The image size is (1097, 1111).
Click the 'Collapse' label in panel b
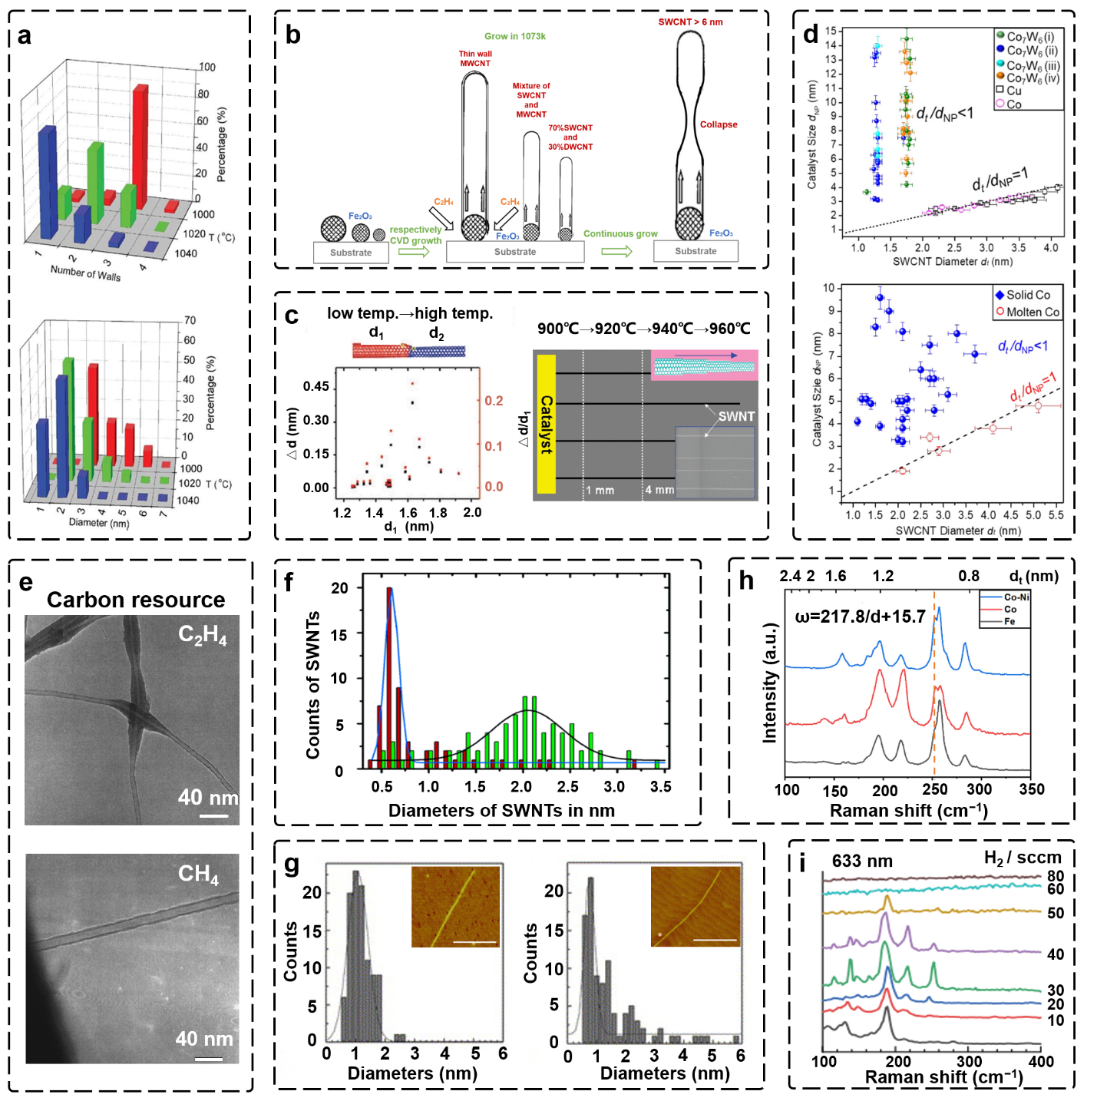pos(718,124)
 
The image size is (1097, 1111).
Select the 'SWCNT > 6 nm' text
pos(690,22)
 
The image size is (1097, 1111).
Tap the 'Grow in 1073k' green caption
pos(515,36)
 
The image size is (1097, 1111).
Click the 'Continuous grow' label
pos(620,233)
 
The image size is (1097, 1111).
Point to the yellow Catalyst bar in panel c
pos(546,424)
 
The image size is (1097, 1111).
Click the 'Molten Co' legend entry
pos(1027,312)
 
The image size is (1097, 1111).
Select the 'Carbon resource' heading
pos(136,600)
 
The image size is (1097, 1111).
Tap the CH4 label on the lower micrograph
pos(198,874)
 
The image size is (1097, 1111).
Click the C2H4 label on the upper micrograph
pos(203,634)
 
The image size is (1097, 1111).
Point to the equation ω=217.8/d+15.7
pos(860,617)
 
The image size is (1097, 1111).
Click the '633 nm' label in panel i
pos(862,861)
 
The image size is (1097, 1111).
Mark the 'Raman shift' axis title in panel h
pos(908,811)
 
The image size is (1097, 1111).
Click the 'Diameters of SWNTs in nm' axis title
pos(501,811)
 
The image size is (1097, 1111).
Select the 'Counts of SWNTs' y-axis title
pos(312,685)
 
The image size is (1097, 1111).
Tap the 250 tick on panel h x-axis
pos(934,789)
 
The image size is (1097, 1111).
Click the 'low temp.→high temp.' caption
pos(410,313)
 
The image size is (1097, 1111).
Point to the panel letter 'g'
pos(292,865)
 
